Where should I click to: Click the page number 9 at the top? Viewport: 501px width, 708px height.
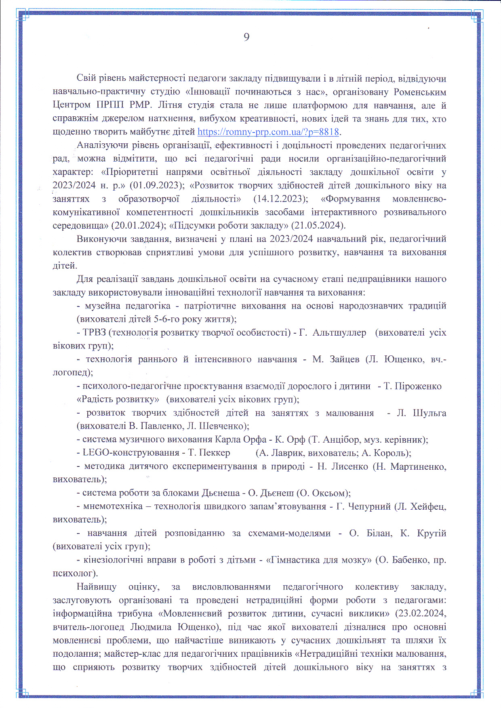click(x=246, y=37)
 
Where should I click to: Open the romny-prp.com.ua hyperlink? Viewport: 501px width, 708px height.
click(x=268, y=132)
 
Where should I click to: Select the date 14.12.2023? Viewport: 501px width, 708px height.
click(x=278, y=199)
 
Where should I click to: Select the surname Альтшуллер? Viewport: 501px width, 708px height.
click(x=339, y=333)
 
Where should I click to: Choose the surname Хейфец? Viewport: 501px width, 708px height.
click(x=428, y=507)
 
